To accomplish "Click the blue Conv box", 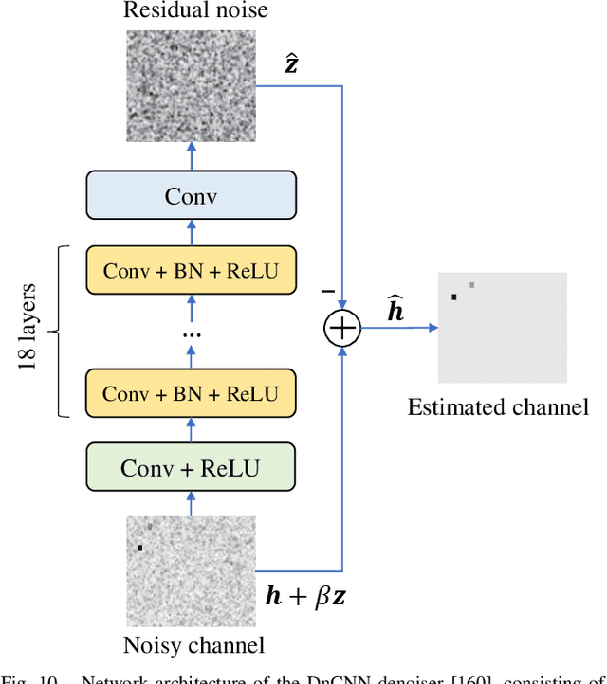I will click(x=191, y=196).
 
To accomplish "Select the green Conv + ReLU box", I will click(x=191, y=467).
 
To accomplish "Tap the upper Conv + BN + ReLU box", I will click(x=191, y=270).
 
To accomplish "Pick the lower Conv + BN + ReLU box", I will click(x=191, y=393).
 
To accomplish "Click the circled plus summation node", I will click(x=342, y=329).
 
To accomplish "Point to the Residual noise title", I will click(x=196, y=11).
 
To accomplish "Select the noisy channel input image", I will click(x=192, y=571).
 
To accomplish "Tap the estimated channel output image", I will click(x=502, y=327).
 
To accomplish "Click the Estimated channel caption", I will click(x=498, y=407).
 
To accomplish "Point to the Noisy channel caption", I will click(x=193, y=646).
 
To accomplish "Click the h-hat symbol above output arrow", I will click(x=395, y=309).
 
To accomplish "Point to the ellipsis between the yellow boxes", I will click(x=191, y=333).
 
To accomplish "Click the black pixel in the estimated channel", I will click(x=454, y=297).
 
